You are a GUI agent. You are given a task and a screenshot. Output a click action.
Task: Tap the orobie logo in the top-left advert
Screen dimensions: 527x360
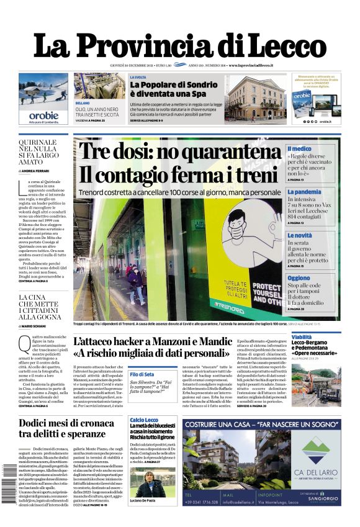(43, 115)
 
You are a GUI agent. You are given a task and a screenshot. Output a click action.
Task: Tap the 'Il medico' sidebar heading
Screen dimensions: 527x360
(300, 149)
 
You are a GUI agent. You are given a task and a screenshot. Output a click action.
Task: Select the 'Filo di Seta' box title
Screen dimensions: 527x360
(143, 374)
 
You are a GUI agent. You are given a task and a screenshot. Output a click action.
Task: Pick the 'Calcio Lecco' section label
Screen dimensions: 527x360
(144, 420)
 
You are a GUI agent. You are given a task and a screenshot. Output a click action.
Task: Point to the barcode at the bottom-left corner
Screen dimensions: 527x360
(9, 490)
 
